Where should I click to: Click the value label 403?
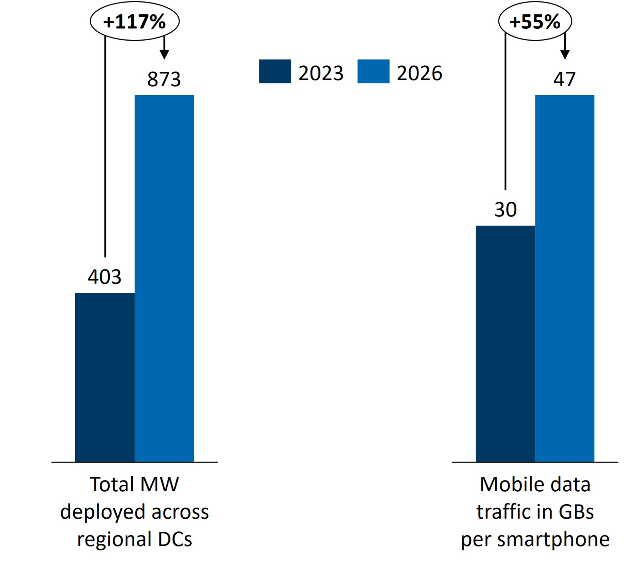coord(105,277)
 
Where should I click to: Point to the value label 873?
coord(164,79)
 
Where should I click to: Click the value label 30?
coord(505,210)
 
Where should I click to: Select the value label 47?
coord(564,79)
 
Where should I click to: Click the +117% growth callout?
coord(135,21)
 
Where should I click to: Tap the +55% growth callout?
coord(535,21)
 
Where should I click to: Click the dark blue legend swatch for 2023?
coord(275,71)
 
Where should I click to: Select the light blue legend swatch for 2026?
coord(373,71)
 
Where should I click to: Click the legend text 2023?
coord(321,73)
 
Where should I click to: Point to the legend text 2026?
coord(419,73)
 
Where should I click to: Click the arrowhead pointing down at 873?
coord(164,55)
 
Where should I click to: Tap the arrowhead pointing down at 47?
coord(565,55)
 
